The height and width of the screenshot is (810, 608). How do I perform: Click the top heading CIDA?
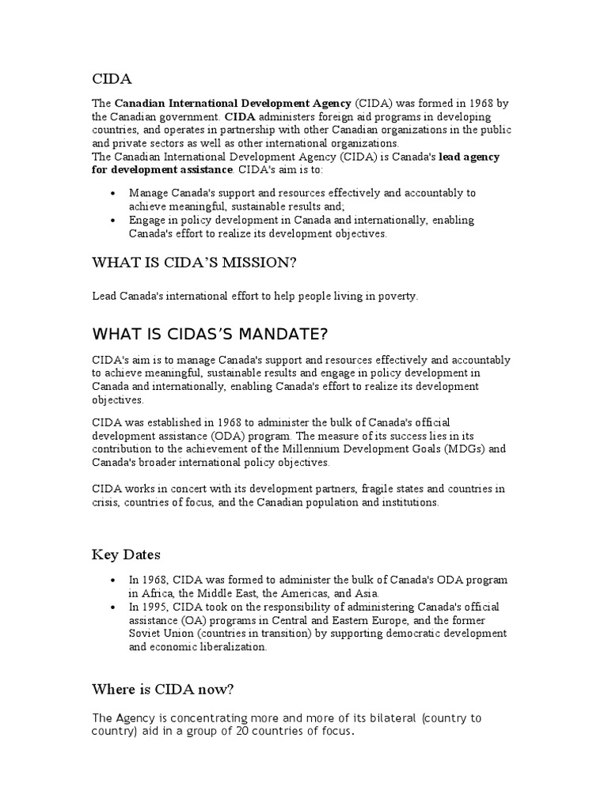(x=112, y=78)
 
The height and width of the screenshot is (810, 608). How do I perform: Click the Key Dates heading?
(x=126, y=555)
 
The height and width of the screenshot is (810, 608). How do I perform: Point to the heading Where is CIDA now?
(x=163, y=689)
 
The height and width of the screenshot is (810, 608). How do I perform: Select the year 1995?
(x=150, y=607)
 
